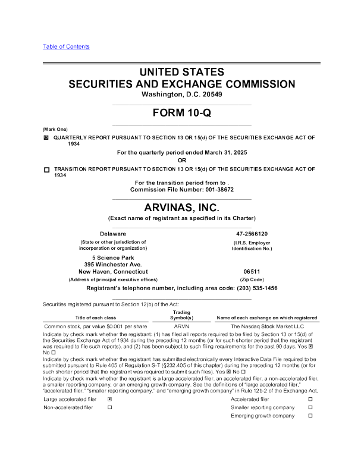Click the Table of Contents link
point(66,46)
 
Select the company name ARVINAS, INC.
point(181,207)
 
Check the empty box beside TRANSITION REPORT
point(46,169)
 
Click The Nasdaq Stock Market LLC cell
point(267,326)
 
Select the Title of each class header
point(95,318)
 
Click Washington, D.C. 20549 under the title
point(181,95)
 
